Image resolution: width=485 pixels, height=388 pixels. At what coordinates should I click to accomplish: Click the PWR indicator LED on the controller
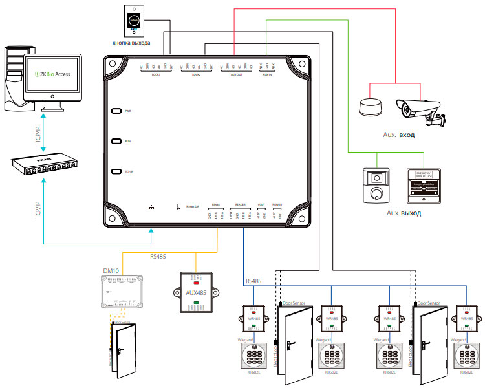pyautogui.click(x=116, y=111)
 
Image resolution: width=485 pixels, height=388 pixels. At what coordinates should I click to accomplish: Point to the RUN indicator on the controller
pyautogui.click(x=116, y=140)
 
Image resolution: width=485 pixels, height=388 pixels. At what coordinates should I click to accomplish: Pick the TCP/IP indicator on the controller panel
pyautogui.click(x=116, y=171)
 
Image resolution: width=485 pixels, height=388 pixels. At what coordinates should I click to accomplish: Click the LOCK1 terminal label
pyautogui.click(x=155, y=74)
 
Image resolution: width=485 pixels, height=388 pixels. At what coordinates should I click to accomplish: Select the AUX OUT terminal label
pyautogui.click(x=237, y=74)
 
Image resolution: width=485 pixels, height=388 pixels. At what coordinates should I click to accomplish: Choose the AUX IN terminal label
pyautogui.click(x=268, y=74)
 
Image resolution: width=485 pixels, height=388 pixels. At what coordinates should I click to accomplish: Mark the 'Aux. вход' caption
pyautogui.click(x=398, y=136)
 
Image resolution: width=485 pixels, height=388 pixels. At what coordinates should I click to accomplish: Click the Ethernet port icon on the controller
pyautogui.click(x=151, y=208)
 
